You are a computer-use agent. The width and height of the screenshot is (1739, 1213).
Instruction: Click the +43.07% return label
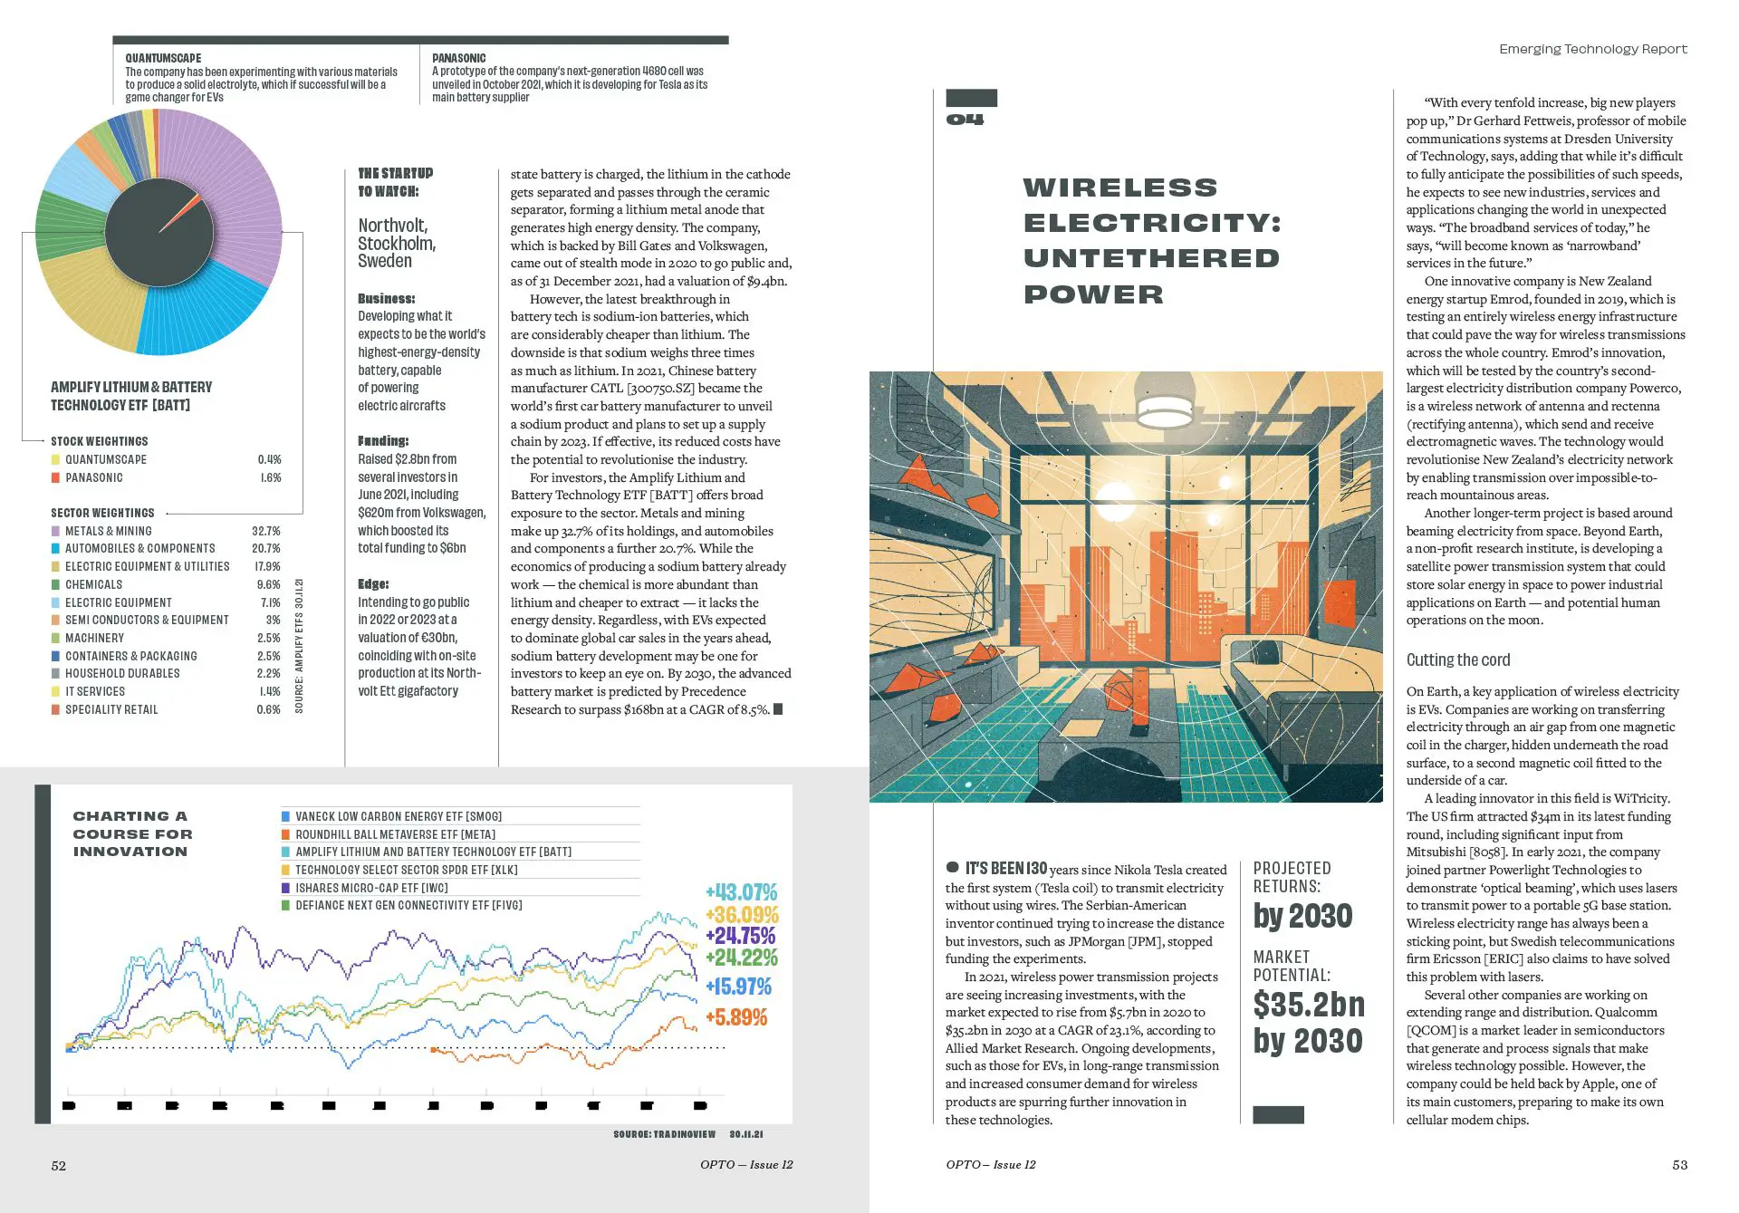pyautogui.click(x=741, y=892)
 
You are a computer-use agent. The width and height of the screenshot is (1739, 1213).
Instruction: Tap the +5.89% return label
pyautogui.click(x=736, y=1017)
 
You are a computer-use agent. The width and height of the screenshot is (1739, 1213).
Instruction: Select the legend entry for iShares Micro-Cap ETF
pyautogui.click(x=371, y=888)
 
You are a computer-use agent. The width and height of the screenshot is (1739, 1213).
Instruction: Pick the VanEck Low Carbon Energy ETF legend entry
pyautogui.click(x=399, y=816)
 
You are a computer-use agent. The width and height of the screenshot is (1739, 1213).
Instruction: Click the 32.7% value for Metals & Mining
pyautogui.click(x=266, y=531)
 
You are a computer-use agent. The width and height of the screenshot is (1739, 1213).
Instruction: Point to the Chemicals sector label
pyautogui.click(x=93, y=584)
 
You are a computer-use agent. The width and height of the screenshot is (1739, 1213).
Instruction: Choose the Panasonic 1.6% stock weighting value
pyautogui.click(x=270, y=477)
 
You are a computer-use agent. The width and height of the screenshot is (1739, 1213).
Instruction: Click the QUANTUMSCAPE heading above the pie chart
pyautogui.click(x=163, y=58)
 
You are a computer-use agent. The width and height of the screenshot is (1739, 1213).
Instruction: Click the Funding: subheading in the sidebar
pyautogui.click(x=383, y=441)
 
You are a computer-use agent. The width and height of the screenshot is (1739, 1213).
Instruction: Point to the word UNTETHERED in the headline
pyautogui.click(x=1151, y=258)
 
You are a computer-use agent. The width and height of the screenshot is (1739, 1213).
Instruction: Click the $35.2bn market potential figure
pyautogui.click(x=1309, y=1005)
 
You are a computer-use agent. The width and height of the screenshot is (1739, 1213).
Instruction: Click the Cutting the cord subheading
pyautogui.click(x=1458, y=659)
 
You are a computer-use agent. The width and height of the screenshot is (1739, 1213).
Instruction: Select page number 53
pyautogui.click(x=1679, y=1165)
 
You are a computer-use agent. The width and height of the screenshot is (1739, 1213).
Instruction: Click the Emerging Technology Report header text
pyautogui.click(x=1592, y=49)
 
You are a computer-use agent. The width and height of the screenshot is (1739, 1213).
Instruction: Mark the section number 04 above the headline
pyautogui.click(x=966, y=120)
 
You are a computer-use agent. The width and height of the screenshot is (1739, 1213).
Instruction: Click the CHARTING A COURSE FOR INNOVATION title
pyautogui.click(x=132, y=833)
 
